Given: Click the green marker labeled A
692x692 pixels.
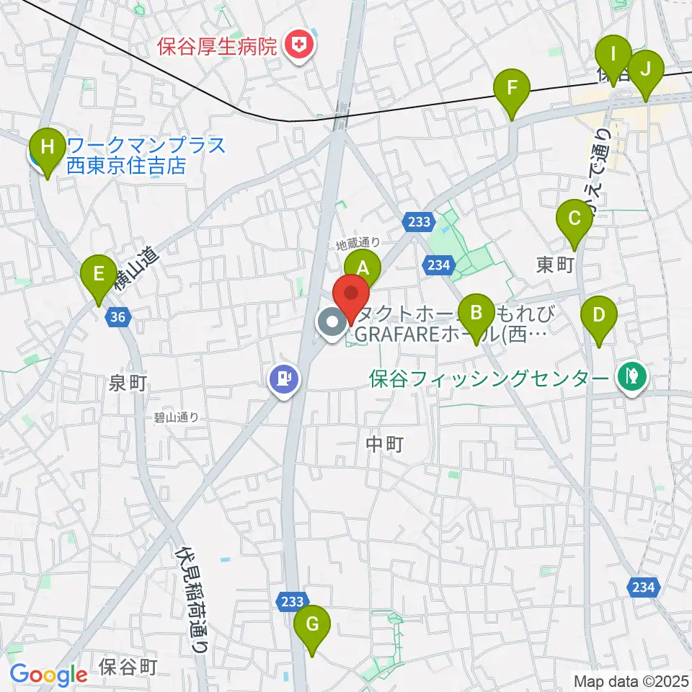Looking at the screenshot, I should (x=362, y=269).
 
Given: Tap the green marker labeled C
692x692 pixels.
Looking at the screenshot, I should (x=575, y=218).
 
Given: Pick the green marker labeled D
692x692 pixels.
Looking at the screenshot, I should (x=598, y=315).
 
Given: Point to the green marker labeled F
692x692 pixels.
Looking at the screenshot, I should (x=513, y=89).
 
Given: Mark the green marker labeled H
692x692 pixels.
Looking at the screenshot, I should (x=48, y=148).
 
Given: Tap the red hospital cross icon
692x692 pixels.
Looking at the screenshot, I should (x=299, y=47).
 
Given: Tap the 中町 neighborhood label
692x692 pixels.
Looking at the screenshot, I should (x=383, y=445).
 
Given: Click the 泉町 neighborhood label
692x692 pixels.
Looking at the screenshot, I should (x=128, y=383).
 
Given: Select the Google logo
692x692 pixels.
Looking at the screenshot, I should (x=48, y=675).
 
